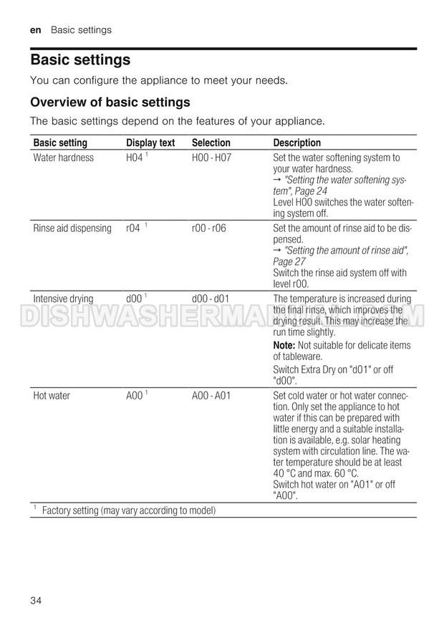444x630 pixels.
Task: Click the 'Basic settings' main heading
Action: (80, 59)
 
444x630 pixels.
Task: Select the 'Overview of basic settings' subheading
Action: (110, 102)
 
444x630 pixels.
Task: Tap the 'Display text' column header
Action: (150, 143)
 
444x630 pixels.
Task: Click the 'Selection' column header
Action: (211, 143)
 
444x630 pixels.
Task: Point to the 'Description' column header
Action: (297, 143)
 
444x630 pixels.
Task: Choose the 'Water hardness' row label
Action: (64, 157)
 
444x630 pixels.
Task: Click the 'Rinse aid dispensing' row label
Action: (72, 228)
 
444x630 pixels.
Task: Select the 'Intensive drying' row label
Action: (63, 299)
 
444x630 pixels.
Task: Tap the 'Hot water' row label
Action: (52, 395)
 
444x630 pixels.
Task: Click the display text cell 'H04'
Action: (135, 157)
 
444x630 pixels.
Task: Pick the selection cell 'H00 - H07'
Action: (213, 157)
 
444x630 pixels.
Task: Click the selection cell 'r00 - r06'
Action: (209, 228)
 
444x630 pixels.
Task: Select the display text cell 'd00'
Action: (134, 299)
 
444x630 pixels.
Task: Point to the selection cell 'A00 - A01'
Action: (211, 395)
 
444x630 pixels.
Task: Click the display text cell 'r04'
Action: (133, 228)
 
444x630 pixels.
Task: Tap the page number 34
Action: (37, 599)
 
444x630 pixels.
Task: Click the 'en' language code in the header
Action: (36, 30)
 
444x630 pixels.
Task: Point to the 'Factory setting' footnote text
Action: (129, 510)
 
